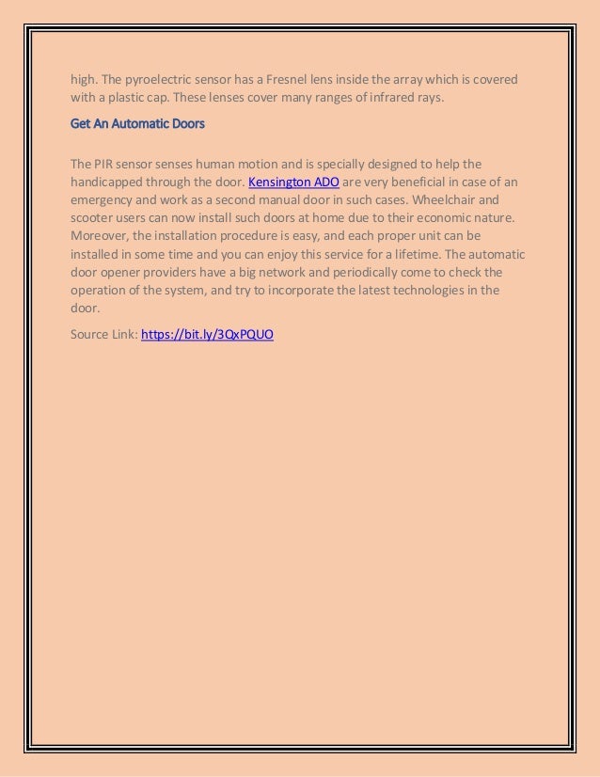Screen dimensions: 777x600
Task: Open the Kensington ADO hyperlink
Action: (x=293, y=182)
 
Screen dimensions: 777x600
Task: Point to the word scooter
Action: (x=95, y=218)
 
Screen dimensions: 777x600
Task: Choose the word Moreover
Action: (x=101, y=236)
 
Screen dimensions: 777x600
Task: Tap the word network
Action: (x=284, y=272)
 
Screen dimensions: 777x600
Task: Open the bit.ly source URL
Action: (x=207, y=334)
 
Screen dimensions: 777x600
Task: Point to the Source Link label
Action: (x=103, y=334)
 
